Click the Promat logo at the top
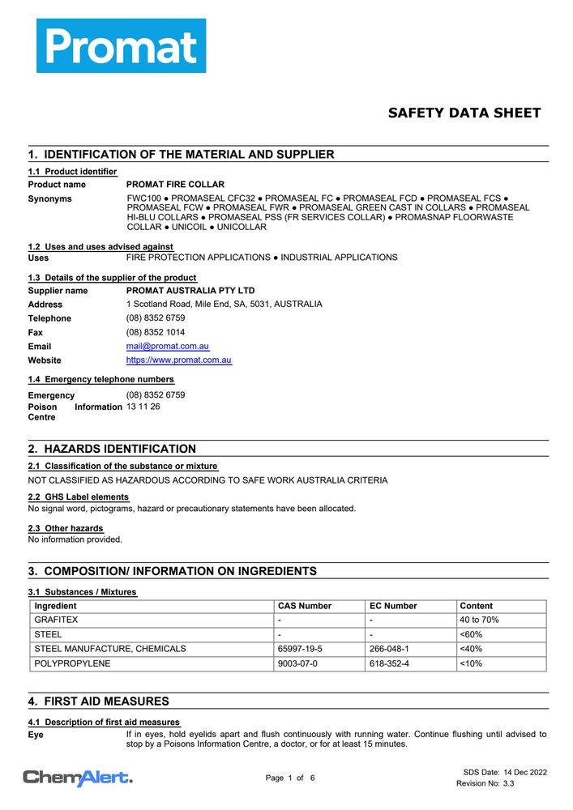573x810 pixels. tap(121, 46)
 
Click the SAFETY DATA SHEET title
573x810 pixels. tap(464, 113)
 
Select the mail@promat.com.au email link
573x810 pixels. tap(168, 346)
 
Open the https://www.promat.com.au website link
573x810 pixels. tap(179, 360)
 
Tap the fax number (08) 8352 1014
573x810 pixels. tap(156, 332)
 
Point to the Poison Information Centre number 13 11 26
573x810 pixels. tap(143, 407)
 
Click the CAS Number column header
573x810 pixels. tap(305, 606)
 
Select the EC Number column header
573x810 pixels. tap(393, 606)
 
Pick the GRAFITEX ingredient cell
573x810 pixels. tap(56, 620)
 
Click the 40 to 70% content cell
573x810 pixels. tap(479, 620)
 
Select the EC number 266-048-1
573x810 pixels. tap(389, 649)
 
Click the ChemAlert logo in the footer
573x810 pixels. tap(78, 778)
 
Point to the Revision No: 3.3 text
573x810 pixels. tap(485, 783)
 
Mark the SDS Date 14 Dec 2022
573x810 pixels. tap(505, 772)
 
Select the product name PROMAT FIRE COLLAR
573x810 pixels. tap(176, 185)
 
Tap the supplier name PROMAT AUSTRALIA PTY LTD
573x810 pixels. tap(190, 290)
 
